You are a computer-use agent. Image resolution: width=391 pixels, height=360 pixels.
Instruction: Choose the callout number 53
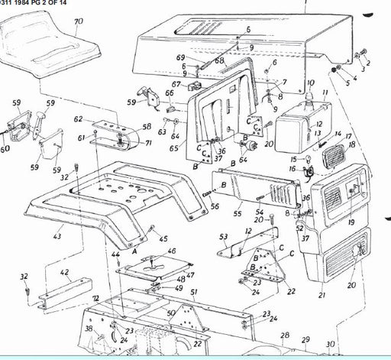point(224,238)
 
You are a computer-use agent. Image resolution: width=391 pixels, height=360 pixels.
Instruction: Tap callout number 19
point(351,222)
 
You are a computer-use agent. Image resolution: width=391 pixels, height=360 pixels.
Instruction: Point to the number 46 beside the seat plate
point(170,251)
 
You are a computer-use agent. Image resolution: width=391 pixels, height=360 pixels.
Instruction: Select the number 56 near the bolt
point(215,206)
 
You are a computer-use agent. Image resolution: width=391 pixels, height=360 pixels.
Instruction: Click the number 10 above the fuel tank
point(310,83)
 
